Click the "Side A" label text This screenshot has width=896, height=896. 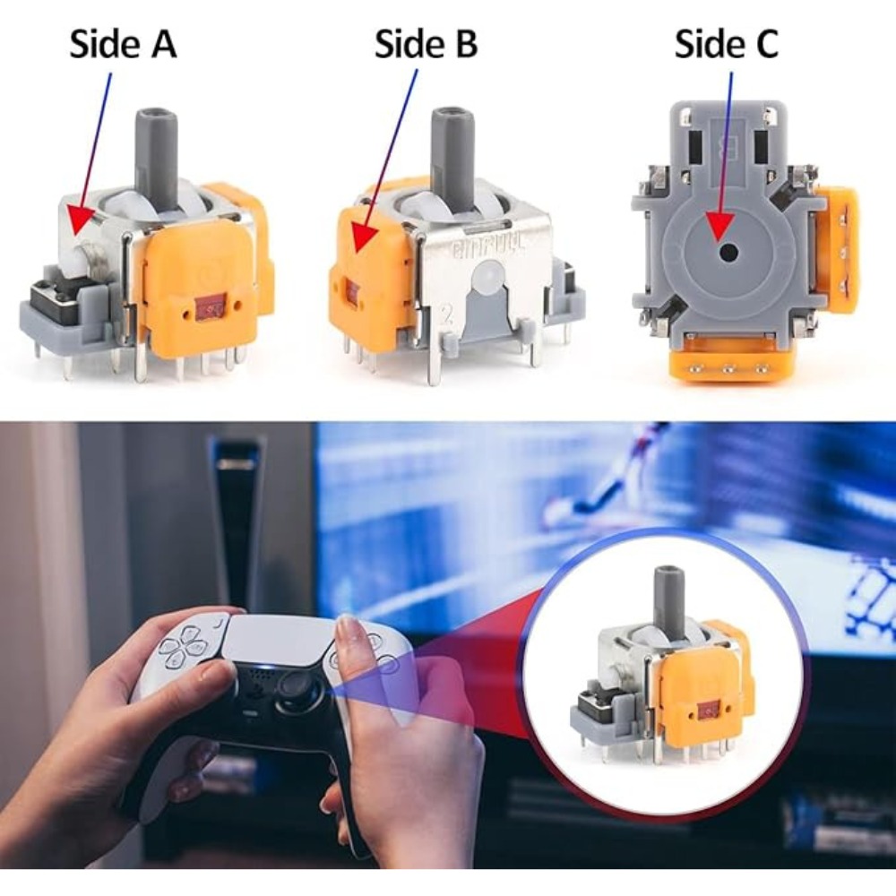tap(123, 44)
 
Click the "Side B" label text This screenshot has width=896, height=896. tap(426, 44)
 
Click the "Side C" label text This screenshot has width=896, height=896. tap(727, 44)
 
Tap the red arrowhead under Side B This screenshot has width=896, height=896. tap(364, 236)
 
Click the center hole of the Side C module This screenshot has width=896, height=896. tap(728, 252)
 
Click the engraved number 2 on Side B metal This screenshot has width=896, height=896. tap(447, 316)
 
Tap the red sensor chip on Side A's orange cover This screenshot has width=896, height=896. tap(211, 306)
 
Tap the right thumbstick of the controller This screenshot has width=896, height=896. tap(297, 685)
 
